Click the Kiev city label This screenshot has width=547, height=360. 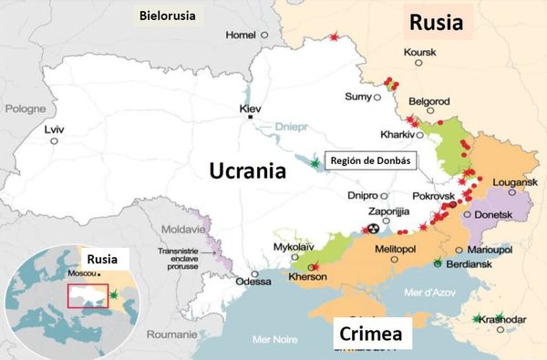[x=250, y=109]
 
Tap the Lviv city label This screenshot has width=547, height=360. [x=55, y=129]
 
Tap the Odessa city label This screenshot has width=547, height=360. [x=253, y=282]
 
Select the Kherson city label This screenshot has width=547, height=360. [x=307, y=276]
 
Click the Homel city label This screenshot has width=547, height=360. [x=242, y=35]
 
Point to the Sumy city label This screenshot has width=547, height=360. [x=359, y=97]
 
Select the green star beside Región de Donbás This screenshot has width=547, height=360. [x=315, y=161]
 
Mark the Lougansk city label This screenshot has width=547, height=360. [x=513, y=182]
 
